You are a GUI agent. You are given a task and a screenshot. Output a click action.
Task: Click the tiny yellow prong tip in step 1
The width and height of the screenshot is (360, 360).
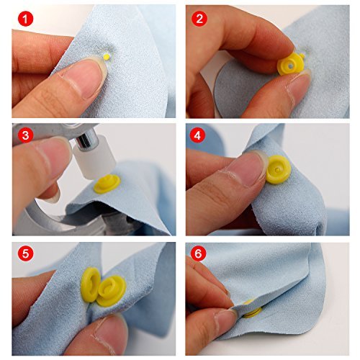[107, 55]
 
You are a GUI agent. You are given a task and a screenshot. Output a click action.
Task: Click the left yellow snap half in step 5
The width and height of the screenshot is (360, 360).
[92, 284]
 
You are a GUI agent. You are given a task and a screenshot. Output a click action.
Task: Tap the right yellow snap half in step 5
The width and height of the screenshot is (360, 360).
[112, 290]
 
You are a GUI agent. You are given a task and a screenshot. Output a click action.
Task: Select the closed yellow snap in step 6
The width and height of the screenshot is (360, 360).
[251, 309]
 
